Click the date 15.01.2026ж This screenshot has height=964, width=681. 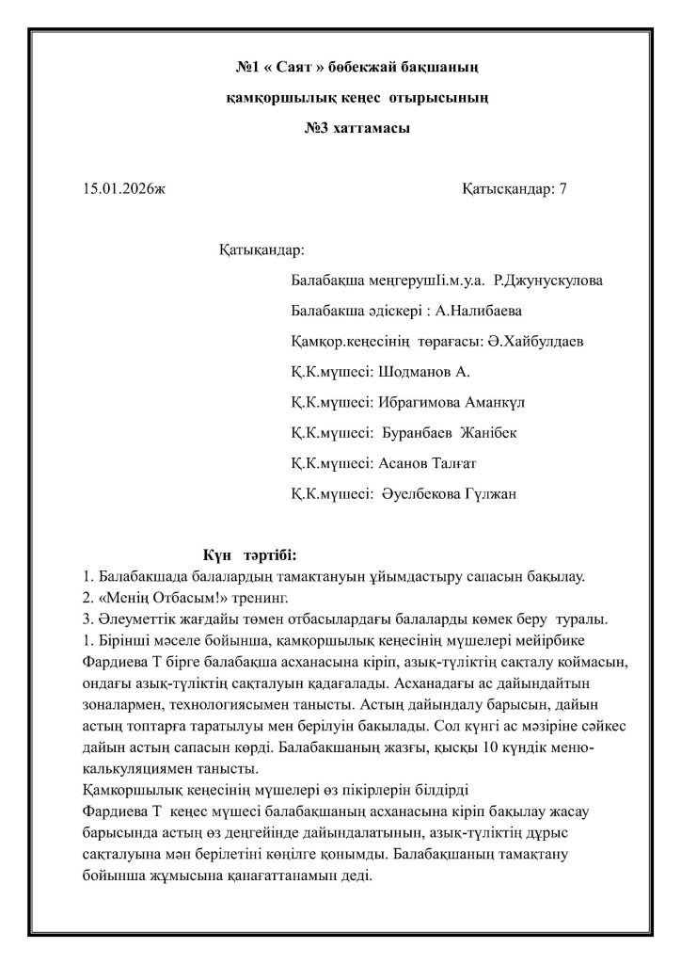click(x=123, y=188)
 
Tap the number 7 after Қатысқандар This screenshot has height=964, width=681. click(x=562, y=188)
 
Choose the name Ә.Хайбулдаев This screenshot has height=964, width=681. click(x=535, y=342)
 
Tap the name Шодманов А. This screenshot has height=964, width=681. click(x=423, y=372)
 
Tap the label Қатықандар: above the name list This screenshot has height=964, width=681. click(x=261, y=251)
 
